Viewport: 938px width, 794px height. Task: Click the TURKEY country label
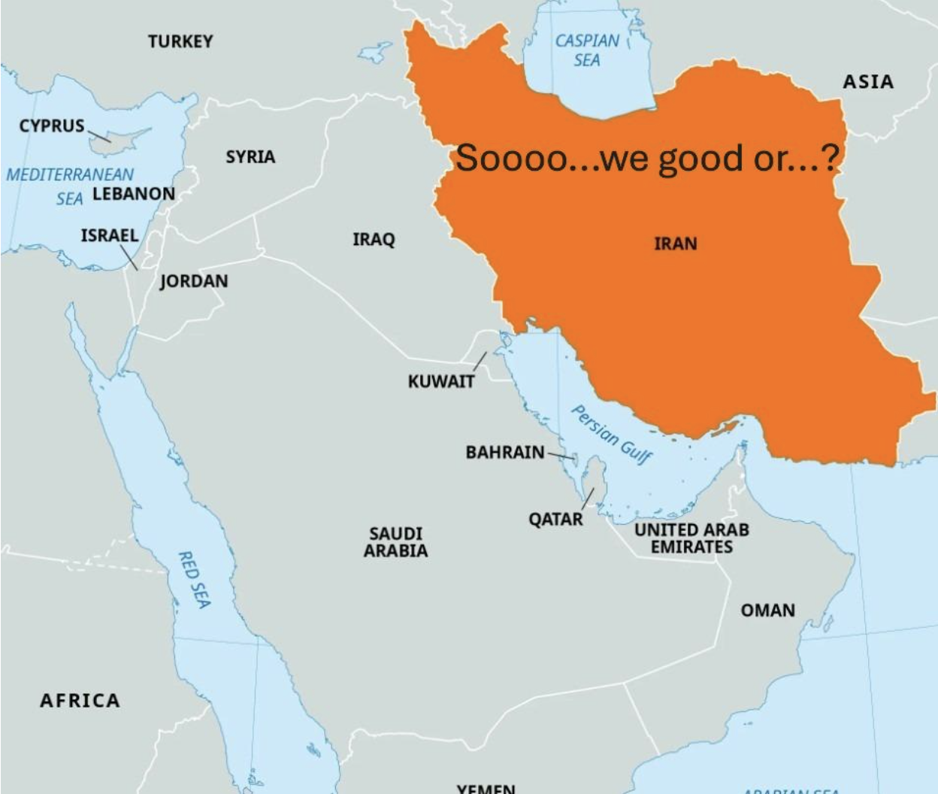180,41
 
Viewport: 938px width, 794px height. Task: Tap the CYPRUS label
52,126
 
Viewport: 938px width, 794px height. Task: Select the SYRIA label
250,157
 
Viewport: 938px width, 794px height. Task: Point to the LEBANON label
134,194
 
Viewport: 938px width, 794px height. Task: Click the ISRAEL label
110,235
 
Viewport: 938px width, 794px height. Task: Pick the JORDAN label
194,281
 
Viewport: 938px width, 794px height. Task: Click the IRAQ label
374,240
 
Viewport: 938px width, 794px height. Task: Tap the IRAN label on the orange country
676,244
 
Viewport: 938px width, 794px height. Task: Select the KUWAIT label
441,381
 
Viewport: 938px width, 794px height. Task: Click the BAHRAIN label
505,452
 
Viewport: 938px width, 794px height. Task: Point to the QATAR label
555,519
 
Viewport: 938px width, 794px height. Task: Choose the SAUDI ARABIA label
396,542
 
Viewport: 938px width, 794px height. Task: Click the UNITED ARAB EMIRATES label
691,538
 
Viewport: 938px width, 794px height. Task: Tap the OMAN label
767,610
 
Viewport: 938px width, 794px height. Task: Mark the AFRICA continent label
80,701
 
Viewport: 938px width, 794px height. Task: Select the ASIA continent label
868,82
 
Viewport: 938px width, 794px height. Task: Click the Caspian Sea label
587,50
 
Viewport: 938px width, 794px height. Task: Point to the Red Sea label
194,579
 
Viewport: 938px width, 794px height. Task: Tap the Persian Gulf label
612,435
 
